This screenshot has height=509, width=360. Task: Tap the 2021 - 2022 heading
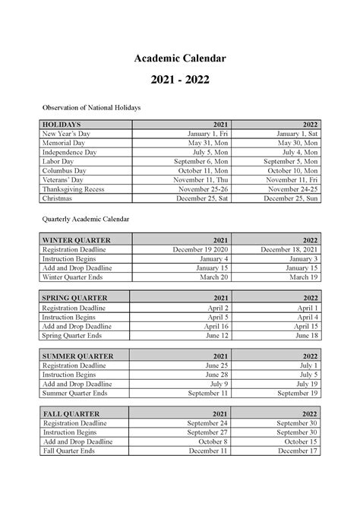click(x=180, y=79)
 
